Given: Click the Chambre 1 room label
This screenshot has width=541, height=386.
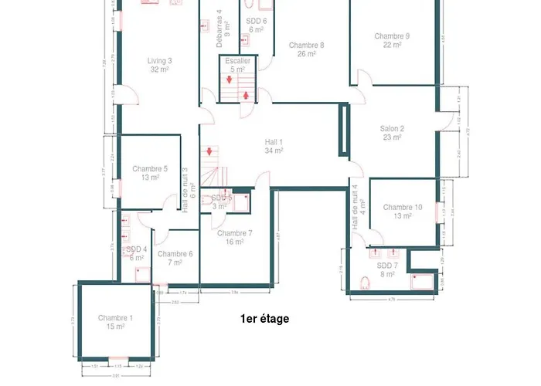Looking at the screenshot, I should [115, 318].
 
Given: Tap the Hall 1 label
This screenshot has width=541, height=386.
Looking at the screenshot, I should [274, 141].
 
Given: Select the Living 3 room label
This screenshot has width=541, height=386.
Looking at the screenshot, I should [160, 60].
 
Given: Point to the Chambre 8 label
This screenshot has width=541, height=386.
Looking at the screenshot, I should [306, 45].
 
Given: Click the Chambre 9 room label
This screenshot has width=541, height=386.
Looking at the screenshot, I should [392, 36].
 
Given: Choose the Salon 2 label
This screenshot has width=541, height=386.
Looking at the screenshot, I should [392, 128].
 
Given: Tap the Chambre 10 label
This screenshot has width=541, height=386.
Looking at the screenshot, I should [403, 207].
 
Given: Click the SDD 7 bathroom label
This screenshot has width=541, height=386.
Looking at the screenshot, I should [386, 265].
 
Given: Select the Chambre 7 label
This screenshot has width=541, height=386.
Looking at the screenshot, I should [234, 232].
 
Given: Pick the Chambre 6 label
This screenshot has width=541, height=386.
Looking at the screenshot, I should [175, 254].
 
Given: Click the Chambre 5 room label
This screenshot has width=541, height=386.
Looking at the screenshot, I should [150, 168].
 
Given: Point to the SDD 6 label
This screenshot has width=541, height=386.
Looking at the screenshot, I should [257, 21].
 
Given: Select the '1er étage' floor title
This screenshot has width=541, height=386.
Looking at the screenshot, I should [264, 318].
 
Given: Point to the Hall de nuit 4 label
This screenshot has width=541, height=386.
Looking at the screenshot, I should [356, 207].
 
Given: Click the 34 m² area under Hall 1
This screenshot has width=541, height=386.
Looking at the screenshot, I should [274, 151].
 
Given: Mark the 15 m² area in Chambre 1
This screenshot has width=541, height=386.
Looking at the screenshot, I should [115, 327].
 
